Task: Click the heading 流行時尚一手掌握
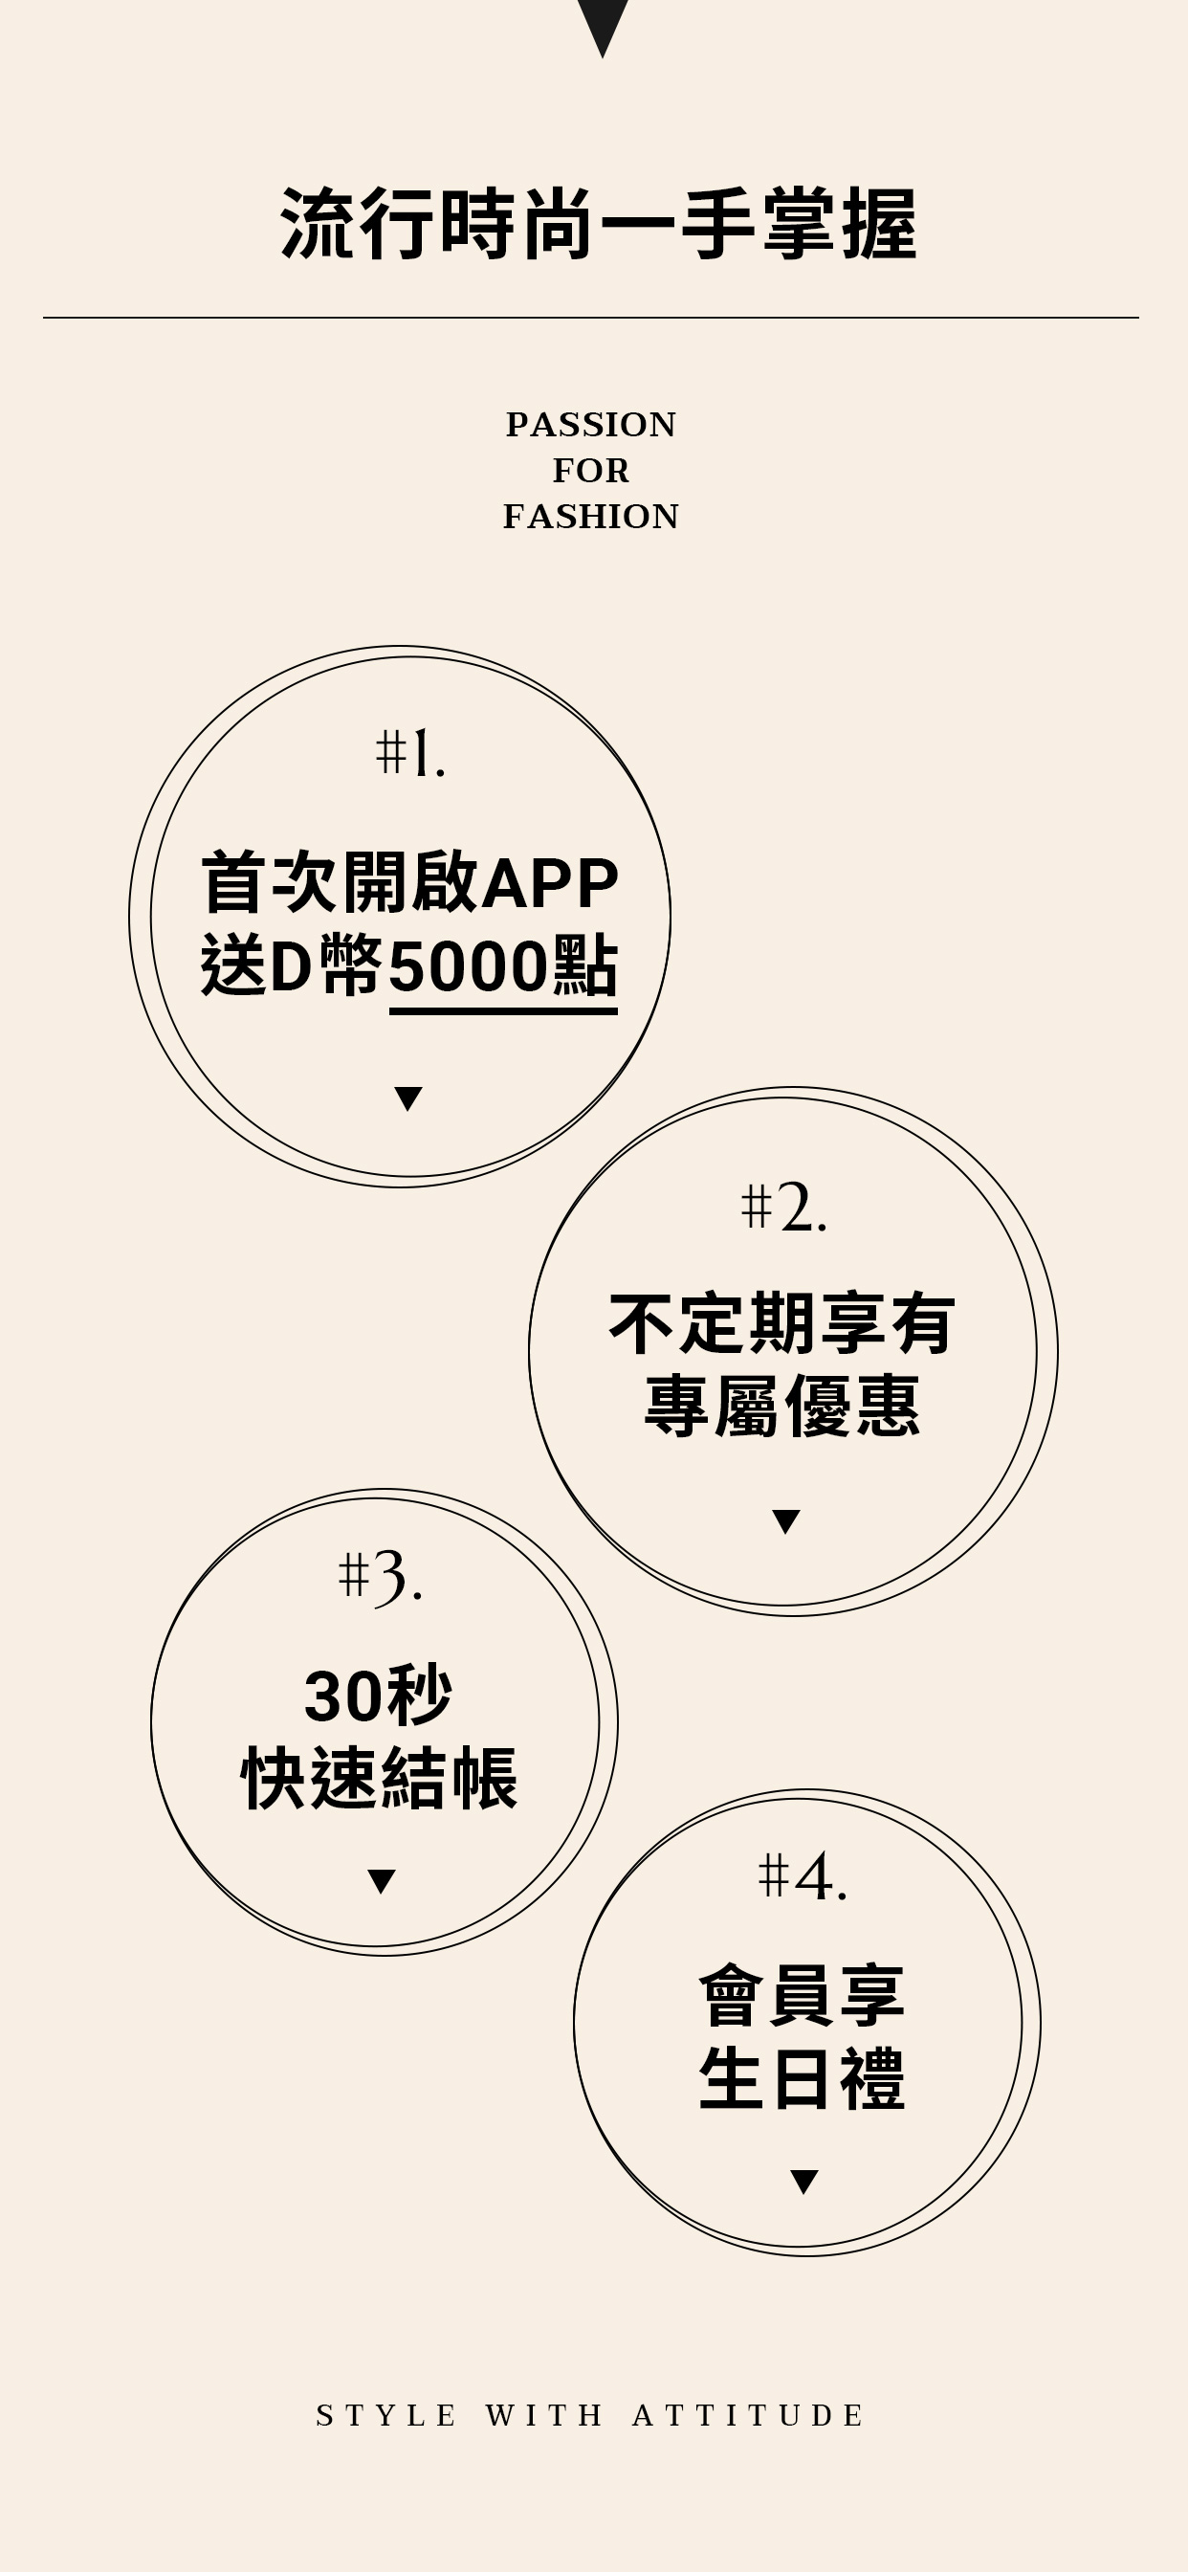(598, 224)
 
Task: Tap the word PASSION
(591, 424)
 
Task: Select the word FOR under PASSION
(591, 470)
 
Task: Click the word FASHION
(591, 516)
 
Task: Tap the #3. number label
(381, 1577)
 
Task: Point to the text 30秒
(379, 1696)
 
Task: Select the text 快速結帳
(380, 1778)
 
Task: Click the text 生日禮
(802, 2077)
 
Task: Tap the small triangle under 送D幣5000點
(408, 1098)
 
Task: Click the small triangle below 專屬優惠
(785, 1520)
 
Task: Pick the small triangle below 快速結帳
(382, 1881)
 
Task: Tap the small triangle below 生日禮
(803, 2182)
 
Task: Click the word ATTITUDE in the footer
(748, 2415)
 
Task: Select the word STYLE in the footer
(386, 2415)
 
